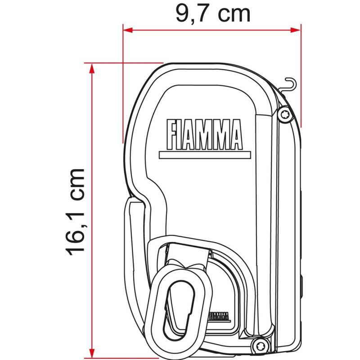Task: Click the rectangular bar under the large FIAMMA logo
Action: pyautogui.click(x=204, y=155)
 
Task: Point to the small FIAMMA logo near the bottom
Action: pyautogui.click(x=220, y=315)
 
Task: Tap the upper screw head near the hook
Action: pyautogui.click(x=283, y=114)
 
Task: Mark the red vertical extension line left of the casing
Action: pyautogui.click(x=123, y=90)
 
